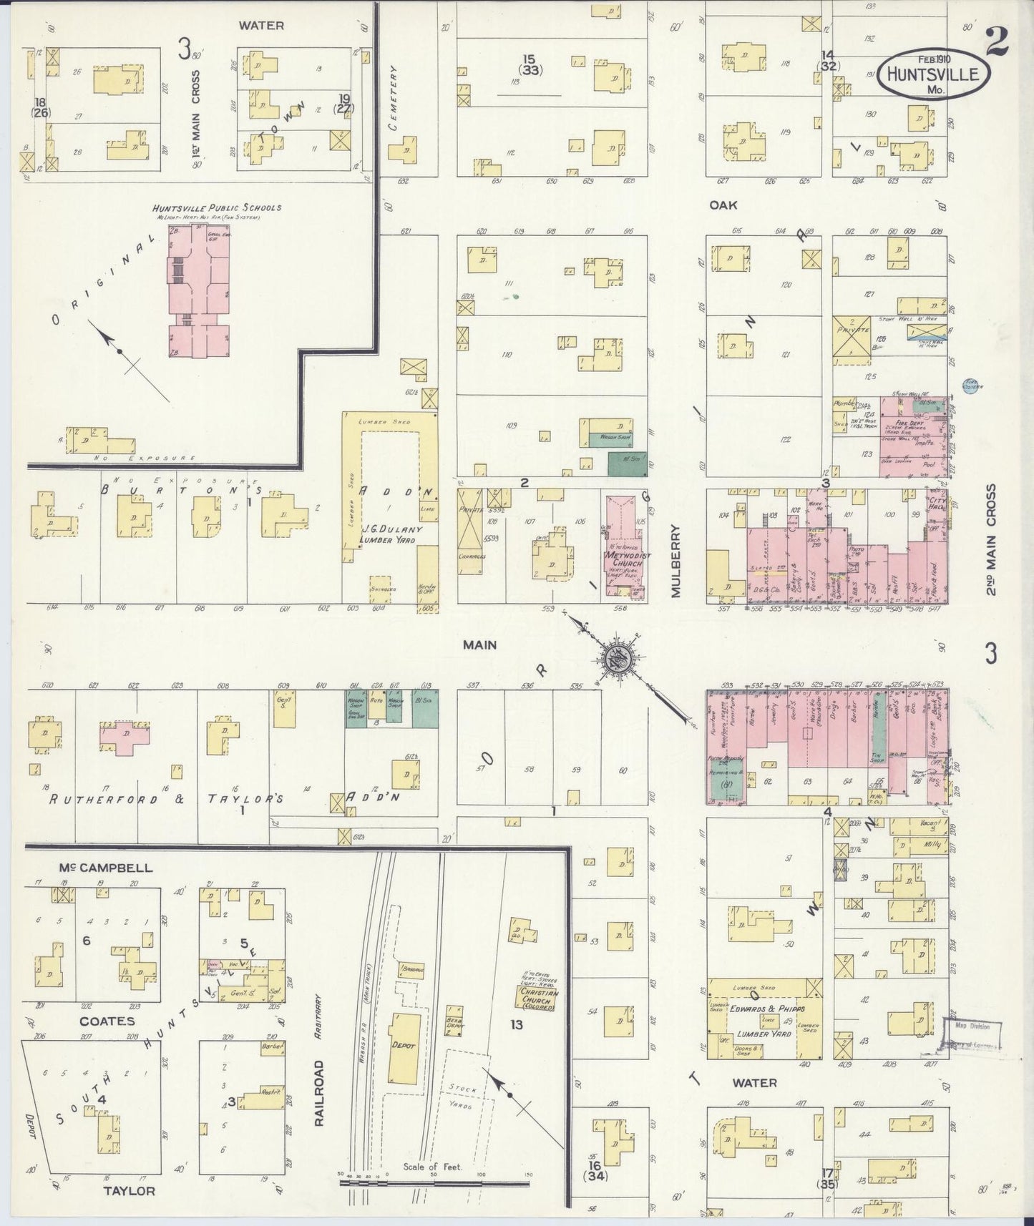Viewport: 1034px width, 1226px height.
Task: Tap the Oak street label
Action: pos(723,205)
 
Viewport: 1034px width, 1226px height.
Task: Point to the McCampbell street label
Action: pos(106,868)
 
